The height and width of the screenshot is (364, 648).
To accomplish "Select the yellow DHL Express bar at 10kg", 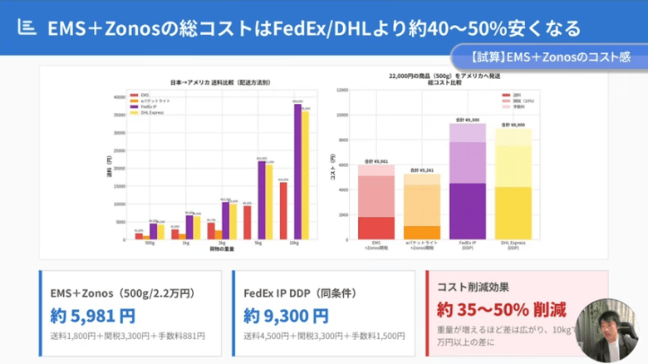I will [305, 175].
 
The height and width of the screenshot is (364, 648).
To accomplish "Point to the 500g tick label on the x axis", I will [149, 244].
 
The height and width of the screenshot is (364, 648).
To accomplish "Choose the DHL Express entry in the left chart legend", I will [150, 112].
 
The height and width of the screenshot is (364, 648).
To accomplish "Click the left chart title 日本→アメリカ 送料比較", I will [220, 83].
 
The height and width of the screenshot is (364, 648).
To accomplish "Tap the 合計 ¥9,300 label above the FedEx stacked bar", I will [468, 119].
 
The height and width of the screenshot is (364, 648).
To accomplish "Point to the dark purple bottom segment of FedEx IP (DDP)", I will [468, 211].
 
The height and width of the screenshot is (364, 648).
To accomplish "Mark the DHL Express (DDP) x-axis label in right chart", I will [513, 245].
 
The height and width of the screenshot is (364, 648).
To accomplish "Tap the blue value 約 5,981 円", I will [93, 316].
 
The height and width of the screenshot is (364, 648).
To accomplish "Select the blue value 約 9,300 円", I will [286, 316].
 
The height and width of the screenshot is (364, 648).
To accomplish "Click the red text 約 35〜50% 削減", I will [501, 310].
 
